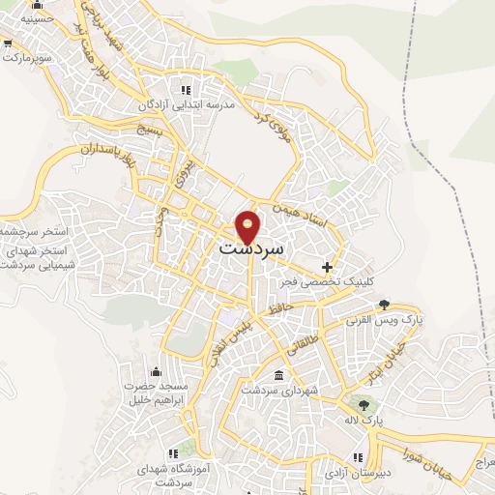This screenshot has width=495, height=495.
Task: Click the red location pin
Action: click(248, 225)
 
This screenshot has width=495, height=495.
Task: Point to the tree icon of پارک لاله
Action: click(364, 406)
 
